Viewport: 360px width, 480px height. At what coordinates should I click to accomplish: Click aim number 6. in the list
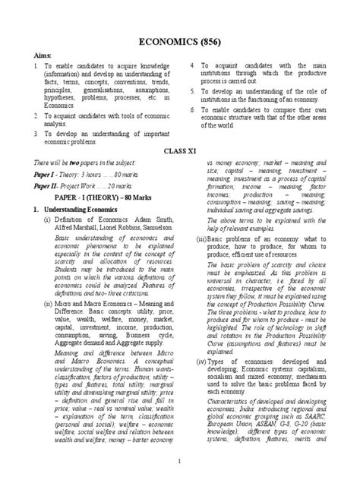pos(193,110)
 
